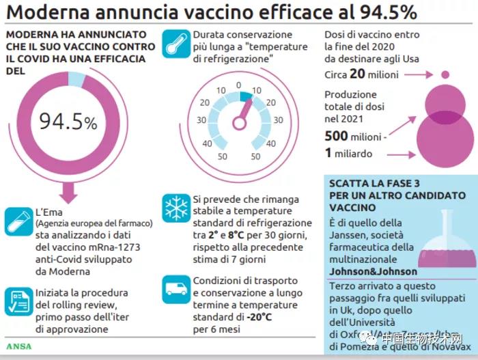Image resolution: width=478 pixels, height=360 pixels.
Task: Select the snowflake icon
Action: click(x=175, y=208)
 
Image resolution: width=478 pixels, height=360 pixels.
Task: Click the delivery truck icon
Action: click(x=175, y=290)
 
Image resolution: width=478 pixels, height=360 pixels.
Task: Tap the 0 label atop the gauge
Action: click(x=238, y=85)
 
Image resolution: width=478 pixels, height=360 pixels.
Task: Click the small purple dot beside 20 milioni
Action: click(x=445, y=74)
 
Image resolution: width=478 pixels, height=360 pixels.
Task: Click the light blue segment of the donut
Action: click(x=77, y=80)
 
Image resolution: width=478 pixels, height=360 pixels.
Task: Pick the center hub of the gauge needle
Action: click(x=238, y=124)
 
